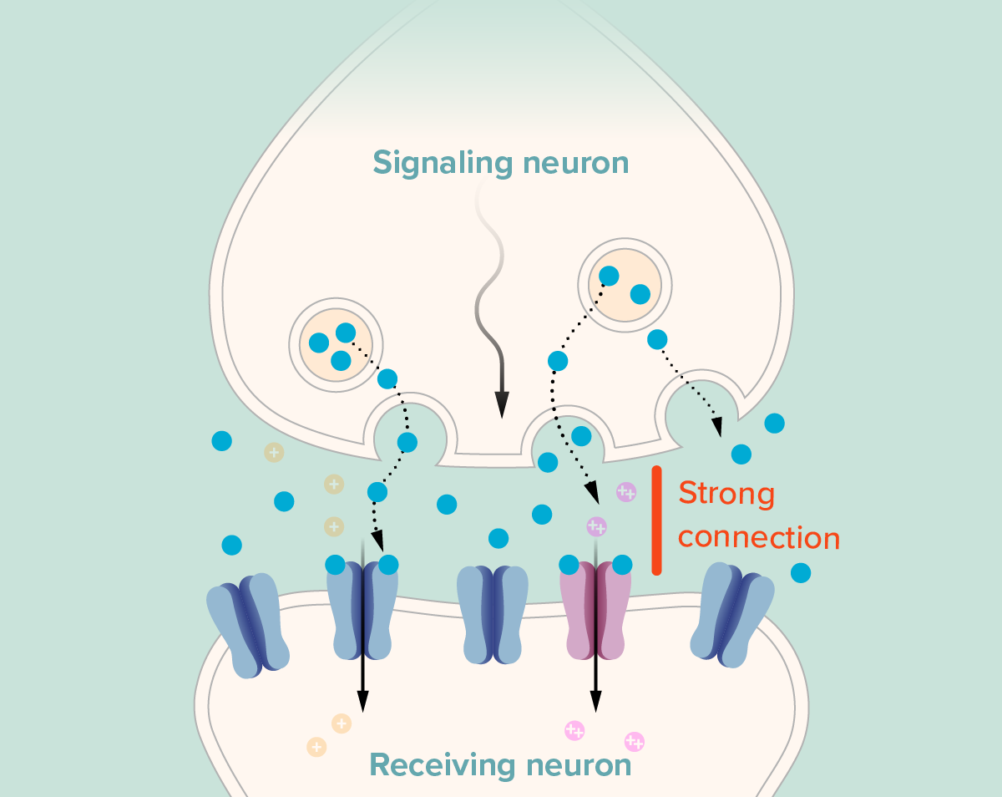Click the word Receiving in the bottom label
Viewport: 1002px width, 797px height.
pos(439,765)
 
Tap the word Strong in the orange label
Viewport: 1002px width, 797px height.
pos(726,494)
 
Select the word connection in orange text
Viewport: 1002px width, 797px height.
pos(758,537)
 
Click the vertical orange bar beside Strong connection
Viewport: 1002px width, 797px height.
pos(657,520)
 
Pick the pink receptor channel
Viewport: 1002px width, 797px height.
pos(595,608)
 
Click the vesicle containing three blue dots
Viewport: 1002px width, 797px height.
pos(336,343)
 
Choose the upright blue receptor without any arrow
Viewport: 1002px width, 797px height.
pos(493,614)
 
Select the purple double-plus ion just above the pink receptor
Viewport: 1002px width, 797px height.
pos(596,526)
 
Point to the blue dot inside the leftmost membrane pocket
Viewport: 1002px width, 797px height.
pos(407,442)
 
